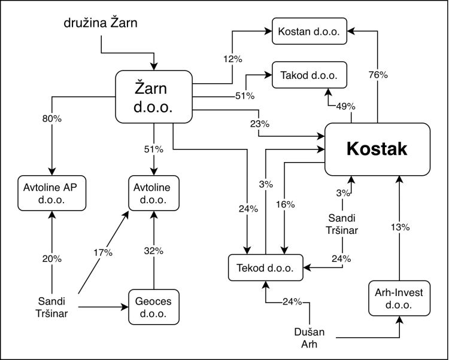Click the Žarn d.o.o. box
pyautogui.click(x=154, y=97)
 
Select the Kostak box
pyautogui.click(x=377, y=150)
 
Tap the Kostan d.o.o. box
pyautogui.click(x=310, y=32)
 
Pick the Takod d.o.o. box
pyautogui.click(x=310, y=76)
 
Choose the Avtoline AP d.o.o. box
pyautogui.click(x=53, y=193)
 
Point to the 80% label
pyautogui.click(x=52, y=118)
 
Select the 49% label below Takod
pyautogui.click(x=345, y=106)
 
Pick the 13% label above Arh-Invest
pyautogui.click(x=399, y=227)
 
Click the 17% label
pyautogui.click(x=103, y=252)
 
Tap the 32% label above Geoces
pyautogui.click(x=154, y=251)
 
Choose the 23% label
pyautogui.click(x=259, y=124)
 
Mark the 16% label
pyautogui.click(x=286, y=204)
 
